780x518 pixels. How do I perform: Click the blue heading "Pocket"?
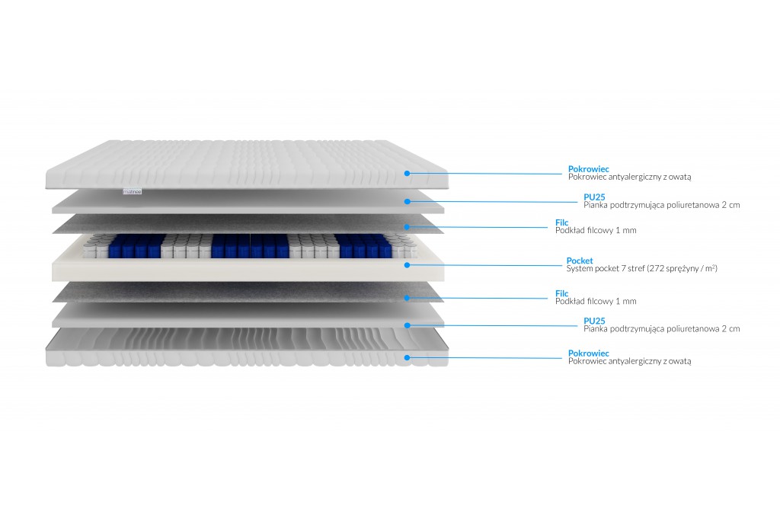[x=580, y=261]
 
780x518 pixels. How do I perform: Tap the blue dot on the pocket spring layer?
[x=407, y=265]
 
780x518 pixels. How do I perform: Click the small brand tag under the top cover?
[x=133, y=191]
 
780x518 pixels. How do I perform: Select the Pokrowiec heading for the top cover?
[x=589, y=169]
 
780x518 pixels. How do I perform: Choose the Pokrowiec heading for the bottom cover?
[x=589, y=353]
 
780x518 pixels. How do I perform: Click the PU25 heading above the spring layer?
[x=594, y=197]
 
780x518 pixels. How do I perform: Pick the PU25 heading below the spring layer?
[x=594, y=321]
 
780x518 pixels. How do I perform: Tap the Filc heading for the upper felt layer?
[x=561, y=222]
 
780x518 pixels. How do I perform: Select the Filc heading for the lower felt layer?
[x=561, y=293]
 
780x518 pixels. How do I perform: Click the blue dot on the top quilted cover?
[x=407, y=173]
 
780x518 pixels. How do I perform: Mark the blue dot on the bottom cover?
[x=407, y=357]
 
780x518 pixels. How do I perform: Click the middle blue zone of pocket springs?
[x=250, y=246]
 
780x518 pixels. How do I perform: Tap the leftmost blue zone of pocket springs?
[x=136, y=246]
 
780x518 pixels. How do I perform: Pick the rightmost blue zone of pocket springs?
[x=365, y=246]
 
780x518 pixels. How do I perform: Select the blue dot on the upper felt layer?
[x=407, y=227]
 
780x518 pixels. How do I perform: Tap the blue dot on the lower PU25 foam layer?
[x=407, y=325]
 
